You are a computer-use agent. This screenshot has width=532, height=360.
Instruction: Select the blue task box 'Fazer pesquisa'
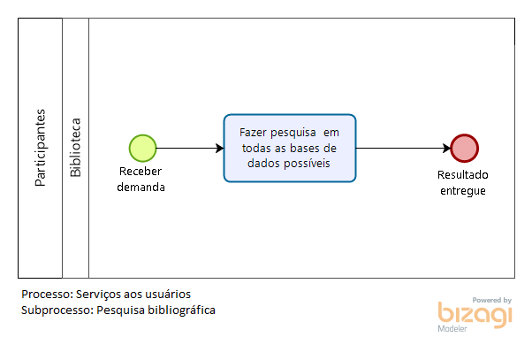[x=290, y=148]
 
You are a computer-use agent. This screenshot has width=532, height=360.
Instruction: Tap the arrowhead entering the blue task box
[x=220, y=148]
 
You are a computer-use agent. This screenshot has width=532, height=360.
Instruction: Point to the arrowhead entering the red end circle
[x=446, y=148]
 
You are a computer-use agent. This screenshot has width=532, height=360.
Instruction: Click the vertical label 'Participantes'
[x=40, y=148]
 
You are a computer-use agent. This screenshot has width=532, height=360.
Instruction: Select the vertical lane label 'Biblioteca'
[x=75, y=148]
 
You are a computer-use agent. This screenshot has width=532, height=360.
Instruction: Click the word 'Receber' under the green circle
[x=141, y=172]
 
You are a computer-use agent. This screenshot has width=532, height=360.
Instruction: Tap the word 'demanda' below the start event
[x=141, y=188]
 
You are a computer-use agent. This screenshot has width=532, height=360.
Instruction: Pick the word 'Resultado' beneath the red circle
[x=463, y=175]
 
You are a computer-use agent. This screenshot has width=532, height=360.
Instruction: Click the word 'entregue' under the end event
[x=463, y=191]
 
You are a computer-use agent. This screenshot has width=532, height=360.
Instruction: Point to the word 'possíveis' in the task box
[x=307, y=164]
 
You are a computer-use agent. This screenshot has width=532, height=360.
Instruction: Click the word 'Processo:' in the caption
[x=47, y=295]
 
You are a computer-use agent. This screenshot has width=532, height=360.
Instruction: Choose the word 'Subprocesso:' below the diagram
[x=57, y=310]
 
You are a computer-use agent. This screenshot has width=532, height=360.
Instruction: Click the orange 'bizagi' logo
[x=475, y=315]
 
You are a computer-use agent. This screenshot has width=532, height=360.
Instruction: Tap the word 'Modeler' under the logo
[x=452, y=329]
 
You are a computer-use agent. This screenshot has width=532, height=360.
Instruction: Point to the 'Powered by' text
[x=492, y=300]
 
